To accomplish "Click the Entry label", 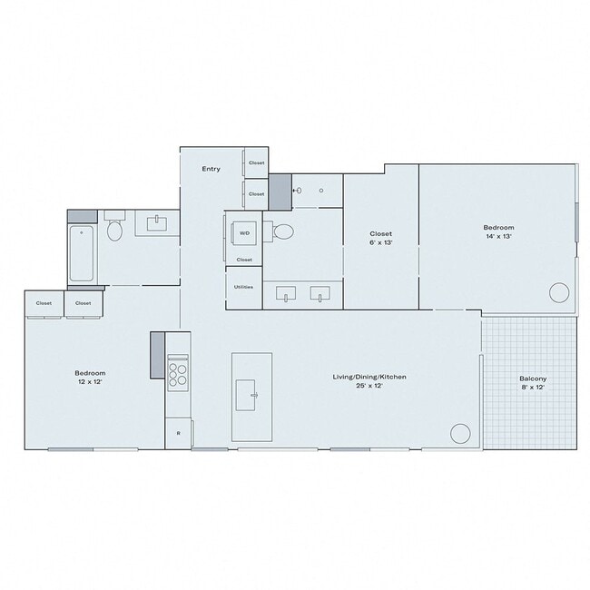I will (x=211, y=169).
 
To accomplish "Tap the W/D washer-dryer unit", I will (x=244, y=233).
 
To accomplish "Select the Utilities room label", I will (x=243, y=287).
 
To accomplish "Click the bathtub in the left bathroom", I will (x=83, y=253).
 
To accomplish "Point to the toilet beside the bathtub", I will (x=115, y=230).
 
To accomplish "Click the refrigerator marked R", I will (x=178, y=433).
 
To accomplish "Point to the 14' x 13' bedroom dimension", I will (x=498, y=236).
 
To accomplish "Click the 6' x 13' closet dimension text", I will (x=380, y=243).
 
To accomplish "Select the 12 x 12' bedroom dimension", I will (x=90, y=382).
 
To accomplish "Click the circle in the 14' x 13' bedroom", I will (x=559, y=293).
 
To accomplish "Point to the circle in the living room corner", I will (x=461, y=432).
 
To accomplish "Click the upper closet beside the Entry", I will (x=256, y=163).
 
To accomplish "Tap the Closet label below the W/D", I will (x=243, y=260).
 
